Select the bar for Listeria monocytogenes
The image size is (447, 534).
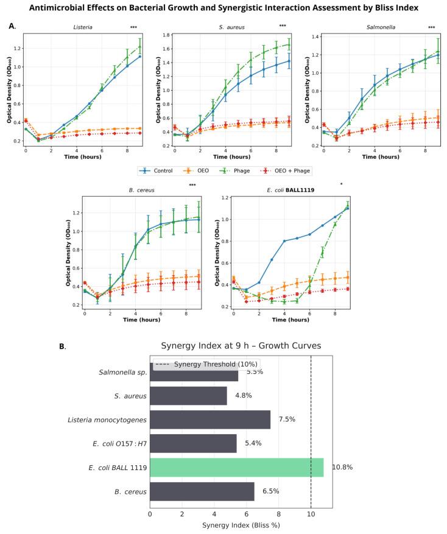[x=210, y=420]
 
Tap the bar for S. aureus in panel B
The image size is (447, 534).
[x=188, y=396]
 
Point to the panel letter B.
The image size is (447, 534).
[x=62, y=346]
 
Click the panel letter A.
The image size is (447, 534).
[x=13, y=26]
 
